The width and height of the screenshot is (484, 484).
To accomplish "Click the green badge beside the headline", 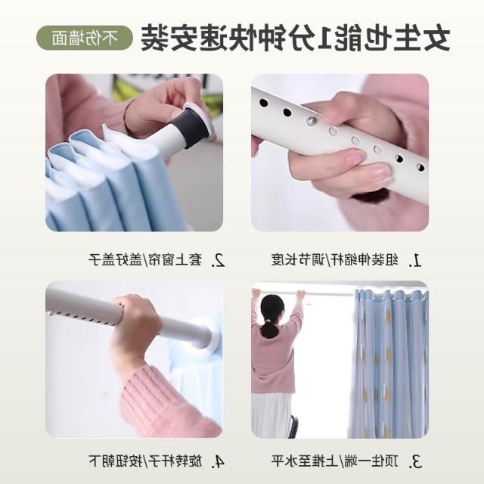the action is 85,38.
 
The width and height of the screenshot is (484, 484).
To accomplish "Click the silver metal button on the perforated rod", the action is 312,119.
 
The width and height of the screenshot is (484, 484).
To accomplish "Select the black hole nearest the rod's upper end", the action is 263,103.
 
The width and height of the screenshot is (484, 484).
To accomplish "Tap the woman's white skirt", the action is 271,414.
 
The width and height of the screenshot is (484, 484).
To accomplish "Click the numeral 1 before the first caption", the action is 416,261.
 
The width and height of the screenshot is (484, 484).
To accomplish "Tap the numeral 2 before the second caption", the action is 219,260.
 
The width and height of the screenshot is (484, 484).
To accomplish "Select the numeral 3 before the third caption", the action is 416,462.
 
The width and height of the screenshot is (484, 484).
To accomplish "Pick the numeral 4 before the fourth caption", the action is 219,462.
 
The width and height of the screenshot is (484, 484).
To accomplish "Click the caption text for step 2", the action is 145,260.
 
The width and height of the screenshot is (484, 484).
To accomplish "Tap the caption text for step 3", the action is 335,461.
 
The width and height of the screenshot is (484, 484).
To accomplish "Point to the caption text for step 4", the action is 145,461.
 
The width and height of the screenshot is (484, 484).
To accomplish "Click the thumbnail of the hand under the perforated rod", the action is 340,153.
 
